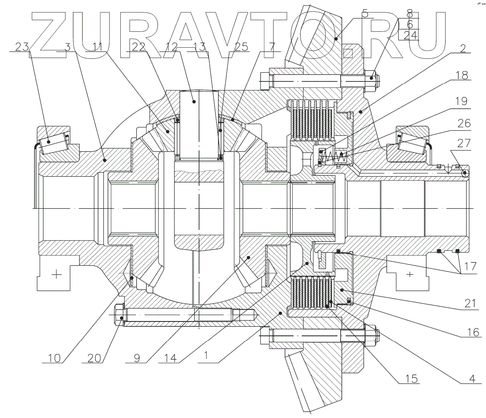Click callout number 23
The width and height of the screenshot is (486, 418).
[22, 47]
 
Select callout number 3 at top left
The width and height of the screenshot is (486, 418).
[67, 47]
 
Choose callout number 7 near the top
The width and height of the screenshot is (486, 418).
[272, 47]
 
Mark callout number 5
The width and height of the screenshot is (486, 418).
[365, 15]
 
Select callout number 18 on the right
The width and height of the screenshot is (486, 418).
[461, 75]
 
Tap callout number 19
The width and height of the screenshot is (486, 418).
[461, 101]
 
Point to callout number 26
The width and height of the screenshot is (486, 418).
[464, 123]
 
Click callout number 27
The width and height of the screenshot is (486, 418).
[464, 143]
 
